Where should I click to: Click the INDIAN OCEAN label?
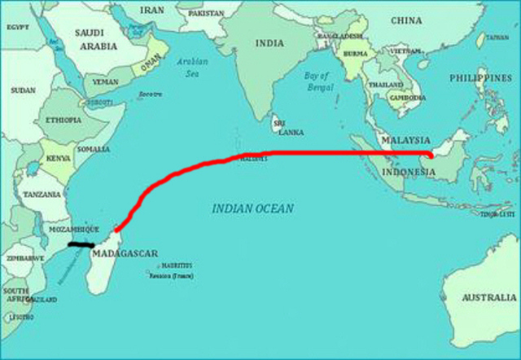(x=253, y=209)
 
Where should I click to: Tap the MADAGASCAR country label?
(x=125, y=253)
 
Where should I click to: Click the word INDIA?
(x=269, y=43)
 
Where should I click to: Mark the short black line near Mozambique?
(x=81, y=244)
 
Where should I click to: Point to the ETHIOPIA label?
(x=63, y=121)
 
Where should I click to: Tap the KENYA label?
(x=58, y=157)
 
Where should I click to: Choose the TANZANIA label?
(x=42, y=195)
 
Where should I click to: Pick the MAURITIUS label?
(x=177, y=266)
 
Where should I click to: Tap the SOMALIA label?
(x=92, y=149)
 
